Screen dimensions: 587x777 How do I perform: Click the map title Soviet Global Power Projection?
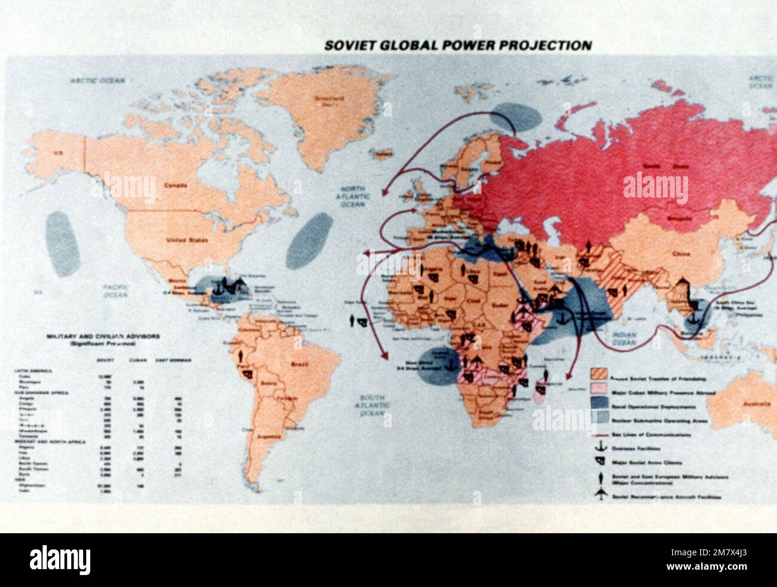(x=457, y=45)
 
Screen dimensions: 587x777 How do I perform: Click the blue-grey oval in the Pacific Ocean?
(x=63, y=243)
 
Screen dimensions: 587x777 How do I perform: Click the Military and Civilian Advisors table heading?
(x=102, y=340)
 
